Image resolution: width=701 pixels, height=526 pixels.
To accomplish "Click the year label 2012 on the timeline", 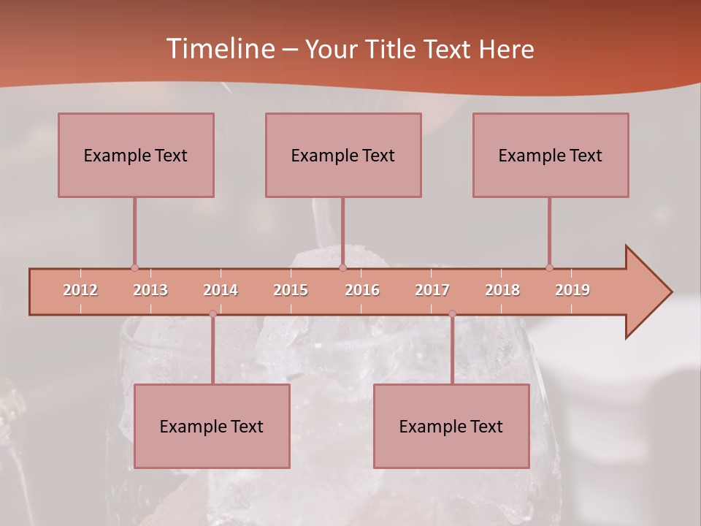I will click(x=80, y=290).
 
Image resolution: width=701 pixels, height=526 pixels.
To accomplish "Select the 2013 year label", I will click(x=150, y=290).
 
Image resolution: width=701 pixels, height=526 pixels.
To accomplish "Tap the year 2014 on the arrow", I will click(x=221, y=290).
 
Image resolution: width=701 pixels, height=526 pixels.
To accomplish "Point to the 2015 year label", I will click(x=291, y=290).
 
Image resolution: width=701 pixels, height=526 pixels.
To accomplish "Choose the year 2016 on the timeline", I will click(x=362, y=290).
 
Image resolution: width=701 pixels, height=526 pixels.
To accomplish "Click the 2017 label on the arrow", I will click(x=432, y=290).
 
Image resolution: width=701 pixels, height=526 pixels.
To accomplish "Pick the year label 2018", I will click(x=502, y=290).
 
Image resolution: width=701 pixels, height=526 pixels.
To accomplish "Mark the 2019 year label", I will click(x=572, y=290).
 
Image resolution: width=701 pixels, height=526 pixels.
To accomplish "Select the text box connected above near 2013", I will click(x=136, y=155).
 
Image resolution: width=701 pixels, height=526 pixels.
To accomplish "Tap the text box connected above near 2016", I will click(x=343, y=155).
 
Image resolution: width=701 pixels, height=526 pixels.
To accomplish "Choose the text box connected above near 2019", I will click(x=551, y=155).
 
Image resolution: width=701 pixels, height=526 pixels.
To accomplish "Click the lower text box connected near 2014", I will click(x=212, y=426).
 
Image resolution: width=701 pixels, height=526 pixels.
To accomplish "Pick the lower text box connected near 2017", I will click(x=451, y=426).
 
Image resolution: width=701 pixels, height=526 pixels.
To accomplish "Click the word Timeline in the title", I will click(x=219, y=49).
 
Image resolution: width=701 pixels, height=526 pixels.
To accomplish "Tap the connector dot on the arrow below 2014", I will click(x=212, y=314).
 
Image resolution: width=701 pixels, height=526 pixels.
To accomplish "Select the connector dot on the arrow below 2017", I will click(x=452, y=314).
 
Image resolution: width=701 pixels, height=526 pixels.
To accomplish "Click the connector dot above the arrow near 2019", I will click(x=549, y=267).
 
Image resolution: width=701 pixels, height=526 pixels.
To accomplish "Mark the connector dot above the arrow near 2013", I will click(x=134, y=267).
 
